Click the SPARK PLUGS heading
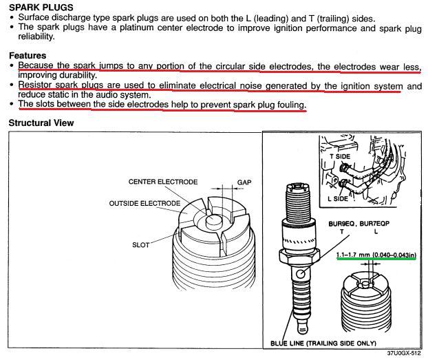(x=41, y=7)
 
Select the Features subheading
(x=28, y=56)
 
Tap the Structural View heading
(x=41, y=123)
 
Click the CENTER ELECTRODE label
(x=163, y=182)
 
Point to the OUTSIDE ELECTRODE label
(x=145, y=204)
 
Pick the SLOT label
(x=141, y=245)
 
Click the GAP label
(x=244, y=182)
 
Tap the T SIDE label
(x=340, y=156)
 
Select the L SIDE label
(x=338, y=198)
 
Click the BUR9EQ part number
(x=341, y=224)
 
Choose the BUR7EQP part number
(x=374, y=224)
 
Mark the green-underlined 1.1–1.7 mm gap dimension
(x=376, y=255)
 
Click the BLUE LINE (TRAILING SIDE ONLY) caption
(x=323, y=343)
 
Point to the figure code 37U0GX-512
(x=404, y=353)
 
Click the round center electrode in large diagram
(x=214, y=222)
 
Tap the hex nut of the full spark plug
(x=299, y=256)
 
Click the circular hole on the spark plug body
(x=301, y=273)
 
